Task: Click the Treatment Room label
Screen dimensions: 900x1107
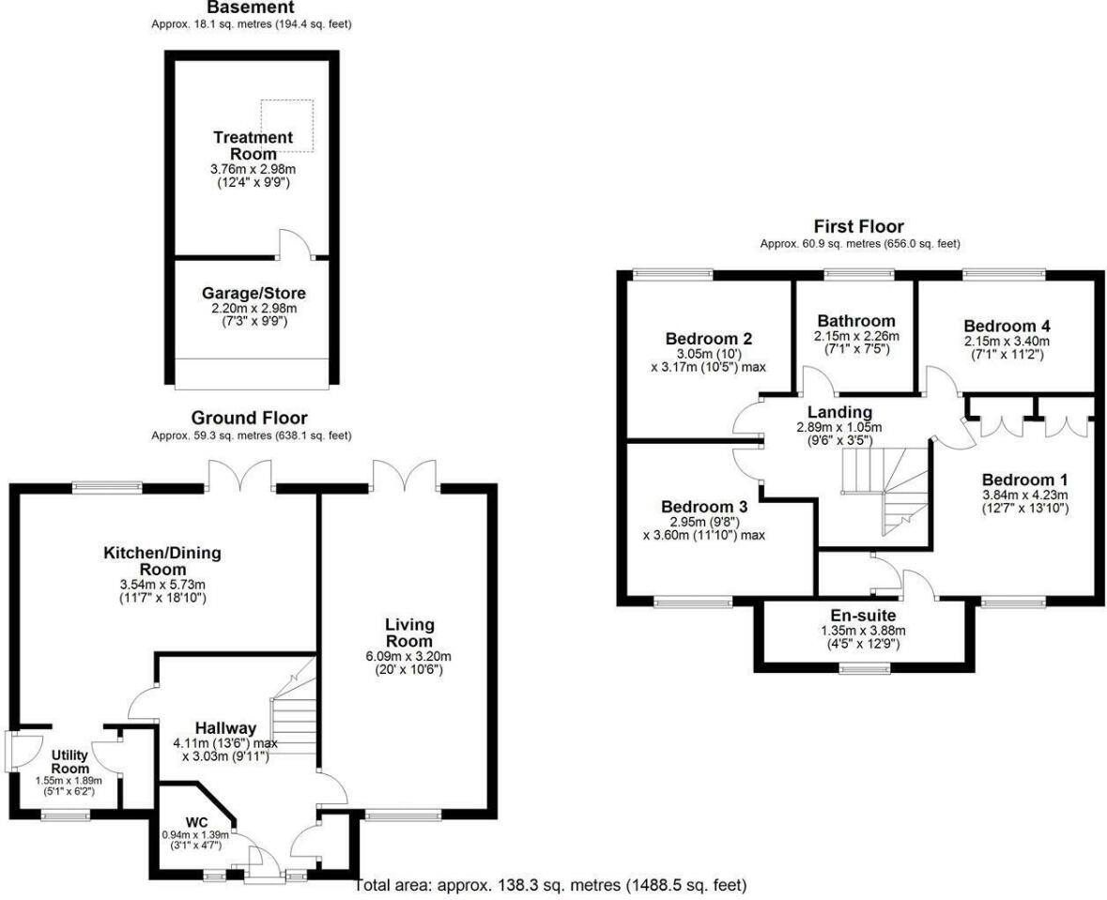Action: pyautogui.click(x=252, y=145)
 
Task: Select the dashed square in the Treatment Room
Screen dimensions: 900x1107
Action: pyautogui.click(x=287, y=126)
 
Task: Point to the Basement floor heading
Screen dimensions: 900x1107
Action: pyautogui.click(x=251, y=8)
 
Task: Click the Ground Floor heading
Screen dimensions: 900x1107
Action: pyautogui.click(x=249, y=418)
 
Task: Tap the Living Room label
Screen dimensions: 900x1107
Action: pyautogui.click(x=407, y=633)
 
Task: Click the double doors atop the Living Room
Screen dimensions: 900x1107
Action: pyautogui.click(x=404, y=473)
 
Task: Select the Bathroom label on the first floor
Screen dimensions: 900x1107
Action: pyautogui.click(x=855, y=321)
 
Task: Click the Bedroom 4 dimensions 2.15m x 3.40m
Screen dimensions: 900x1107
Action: pyautogui.click(x=1006, y=341)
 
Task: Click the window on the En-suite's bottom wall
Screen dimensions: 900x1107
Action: pyautogui.click(x=865, y=668)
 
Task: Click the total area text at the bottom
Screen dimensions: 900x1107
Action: pyautogui.click(x=552, y=885)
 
